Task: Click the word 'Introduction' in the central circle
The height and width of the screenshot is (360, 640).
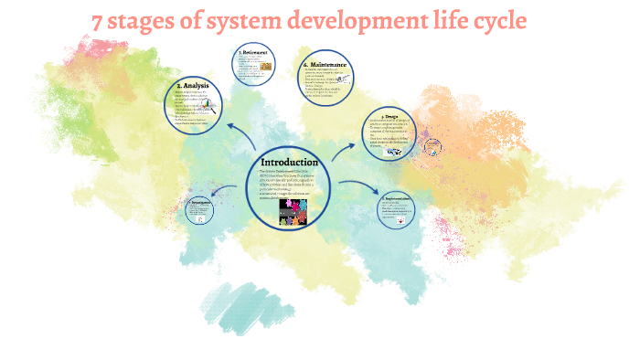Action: pos(289,162)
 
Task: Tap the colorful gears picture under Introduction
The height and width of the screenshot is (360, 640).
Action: pos(293,212)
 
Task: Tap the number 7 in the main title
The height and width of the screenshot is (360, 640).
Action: pos(99,20)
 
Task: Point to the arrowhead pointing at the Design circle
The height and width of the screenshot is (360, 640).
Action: pos(355,143)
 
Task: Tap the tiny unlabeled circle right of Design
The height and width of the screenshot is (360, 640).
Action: pos(432,146)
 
